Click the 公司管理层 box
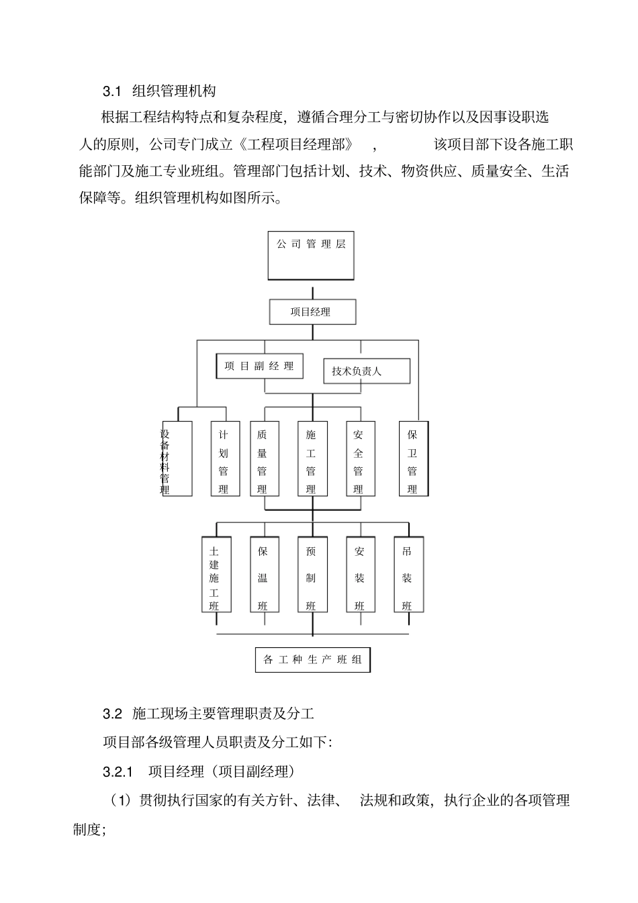click(311, 256)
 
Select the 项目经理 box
click(312, 312)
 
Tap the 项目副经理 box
click(259, 366)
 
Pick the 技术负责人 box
click(367, 371)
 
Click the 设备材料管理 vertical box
click(177, 459)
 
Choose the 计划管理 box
click(224, 459)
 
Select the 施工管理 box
click(312, 459)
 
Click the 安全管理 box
click(359, 459)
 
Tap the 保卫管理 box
click(413, 459)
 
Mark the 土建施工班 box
click(216, 575)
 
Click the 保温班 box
click(263, 575)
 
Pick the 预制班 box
click(312, 575)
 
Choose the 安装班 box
click(360, 575)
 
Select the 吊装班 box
click(408, 575)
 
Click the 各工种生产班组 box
click(313, 659)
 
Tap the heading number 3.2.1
click(119, 771)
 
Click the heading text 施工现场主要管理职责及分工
click(224, 712)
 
